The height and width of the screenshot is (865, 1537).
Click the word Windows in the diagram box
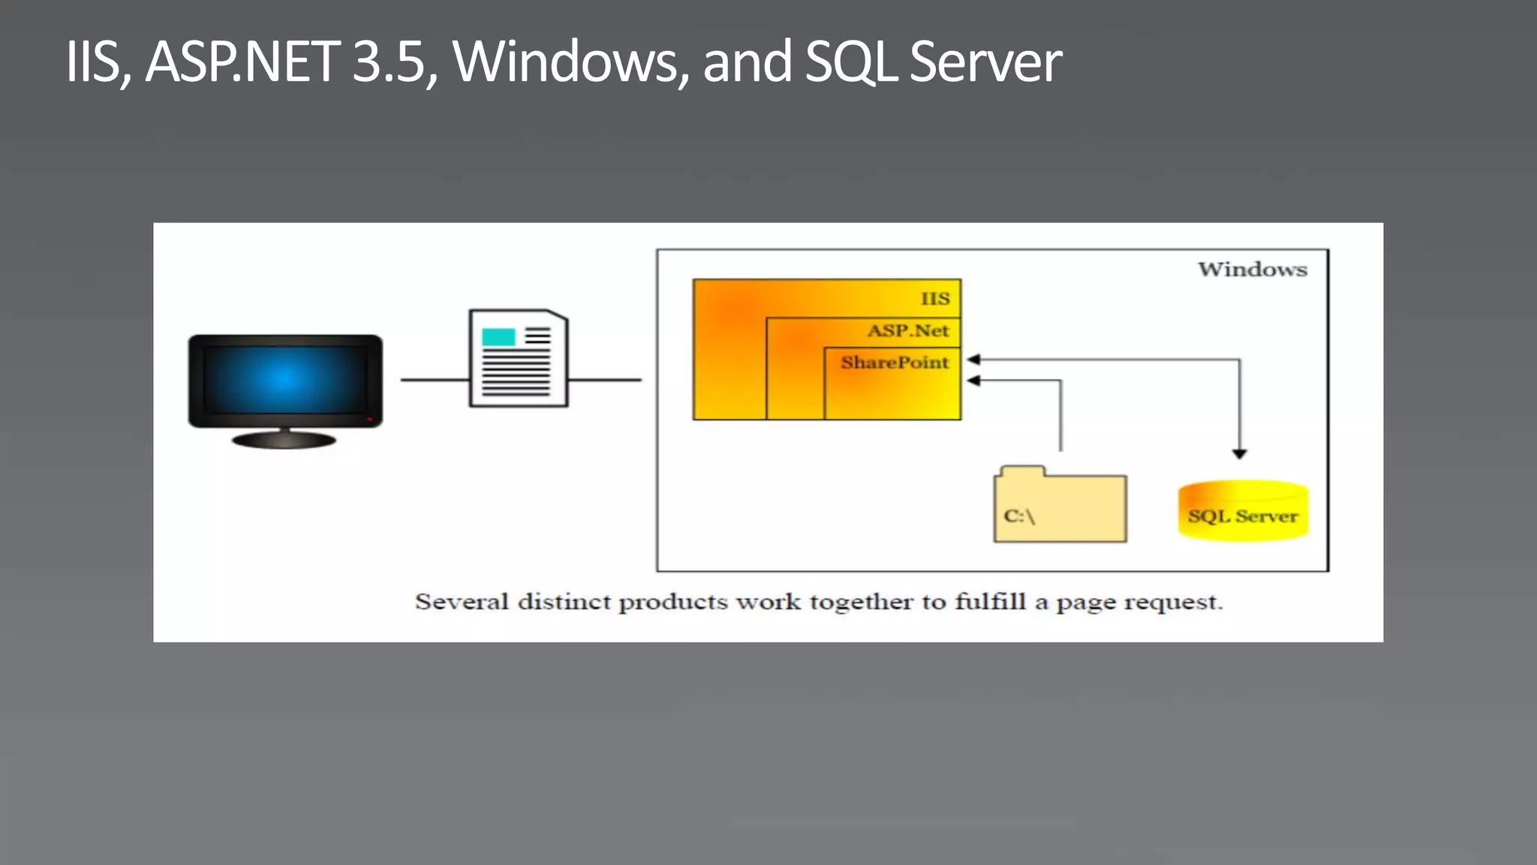click(x=1252, y=270)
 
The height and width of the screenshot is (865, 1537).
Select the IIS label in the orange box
click(x=935, y=299)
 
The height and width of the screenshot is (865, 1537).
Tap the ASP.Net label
click(x=908, y=331)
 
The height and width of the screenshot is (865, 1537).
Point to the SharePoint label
click(x=895, y=363)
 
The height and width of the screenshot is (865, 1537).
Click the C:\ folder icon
click(x=1060, y=505)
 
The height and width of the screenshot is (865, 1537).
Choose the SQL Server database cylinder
click(x=1243, y=511)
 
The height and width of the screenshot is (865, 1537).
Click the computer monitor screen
click(x=285, y=379)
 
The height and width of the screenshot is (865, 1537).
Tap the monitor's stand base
click(x=284, y=440)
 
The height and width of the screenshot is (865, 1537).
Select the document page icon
click(x=519, y=359)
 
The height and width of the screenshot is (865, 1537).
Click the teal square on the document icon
click(x=498, y=337)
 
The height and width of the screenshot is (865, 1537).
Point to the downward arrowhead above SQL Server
click(x=1240, y=454)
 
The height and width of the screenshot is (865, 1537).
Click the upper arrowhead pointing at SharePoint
click(x=973, y=360)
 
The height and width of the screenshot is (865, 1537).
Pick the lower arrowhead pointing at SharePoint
click(x=973, y=381)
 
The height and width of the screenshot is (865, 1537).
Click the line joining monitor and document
click(x=435, y=380)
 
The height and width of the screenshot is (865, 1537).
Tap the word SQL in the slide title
click(x=850, y=62)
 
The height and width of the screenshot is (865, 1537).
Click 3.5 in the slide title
click(x=390, y=62)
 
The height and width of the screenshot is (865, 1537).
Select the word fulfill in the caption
click(x=990, y=602)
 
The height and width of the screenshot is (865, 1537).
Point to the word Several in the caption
click(x=462, y=602)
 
